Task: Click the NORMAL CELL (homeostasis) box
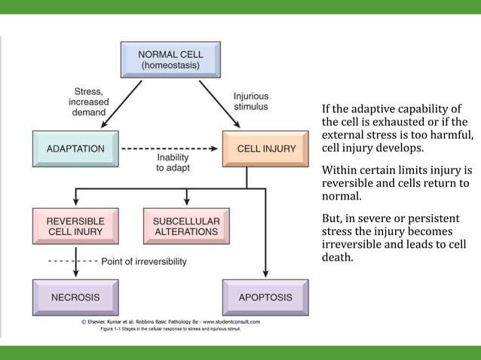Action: (x=170, y=59)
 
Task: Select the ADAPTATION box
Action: (x=75, y=148)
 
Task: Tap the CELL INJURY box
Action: (x=265, y=148)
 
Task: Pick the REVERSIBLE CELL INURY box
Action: (x=75, y=226)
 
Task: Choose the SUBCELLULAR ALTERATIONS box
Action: (x=186, y=226)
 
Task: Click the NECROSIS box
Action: (x=75, y=297)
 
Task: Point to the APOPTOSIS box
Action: (x=265, y=297)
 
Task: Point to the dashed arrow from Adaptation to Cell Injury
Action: (x=170, y=148)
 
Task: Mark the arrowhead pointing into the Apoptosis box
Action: (x=265, y=273)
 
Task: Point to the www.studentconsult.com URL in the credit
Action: (x=227, y=322)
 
